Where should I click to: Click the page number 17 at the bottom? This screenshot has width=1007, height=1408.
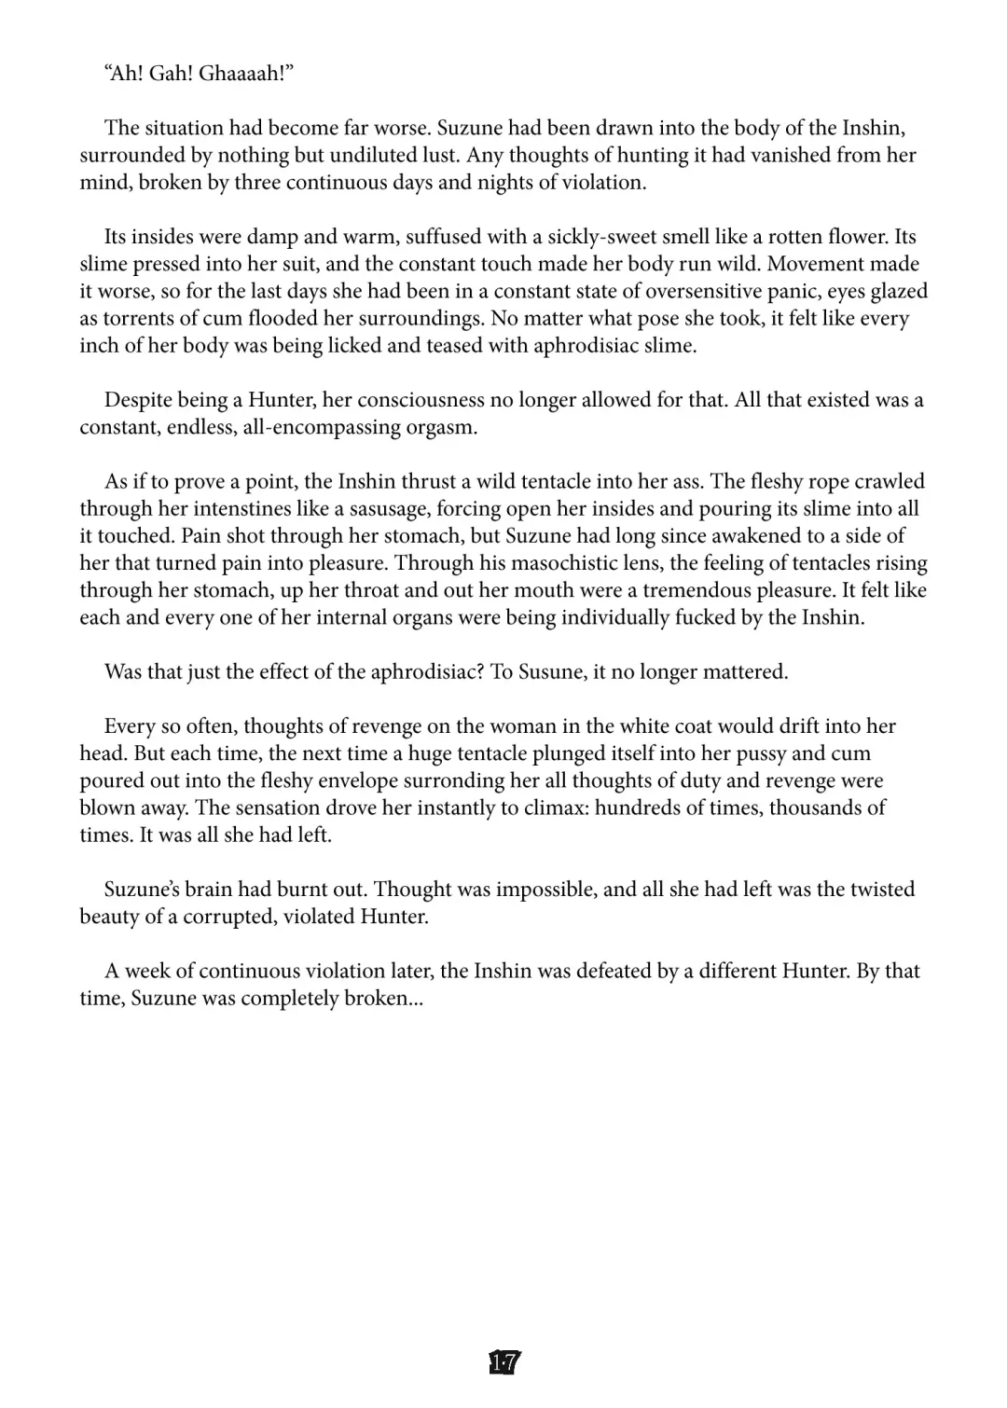(x=504, y=1363)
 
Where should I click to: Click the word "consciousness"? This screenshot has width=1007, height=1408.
(x=402, y=400)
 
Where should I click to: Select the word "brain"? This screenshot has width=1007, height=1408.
(x=204, y=890)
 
